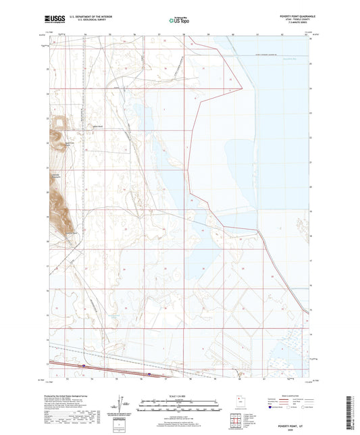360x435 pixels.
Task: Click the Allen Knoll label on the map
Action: [98, 126]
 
